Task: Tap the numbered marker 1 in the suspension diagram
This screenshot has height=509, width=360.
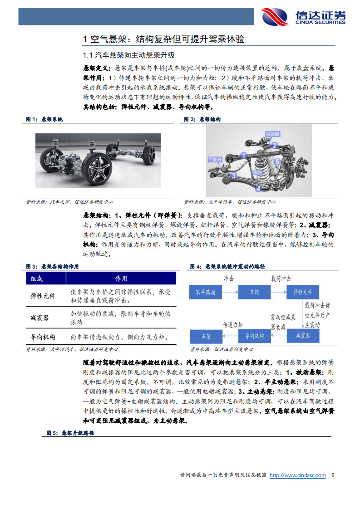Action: click(244, 156)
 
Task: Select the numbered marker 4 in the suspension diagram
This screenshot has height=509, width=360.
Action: click(258, 188)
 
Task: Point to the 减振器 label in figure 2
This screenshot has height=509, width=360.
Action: click(272, 134)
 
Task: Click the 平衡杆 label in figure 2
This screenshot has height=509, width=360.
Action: click(214, 159)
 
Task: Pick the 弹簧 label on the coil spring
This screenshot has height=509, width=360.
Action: click(257, 173)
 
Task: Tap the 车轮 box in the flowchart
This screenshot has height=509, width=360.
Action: click(254, 293)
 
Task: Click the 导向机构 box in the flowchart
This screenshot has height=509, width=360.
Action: click(254, 336)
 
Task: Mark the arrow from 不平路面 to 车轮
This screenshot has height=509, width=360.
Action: click(230, 293)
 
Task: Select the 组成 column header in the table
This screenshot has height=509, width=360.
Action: click(37, 279)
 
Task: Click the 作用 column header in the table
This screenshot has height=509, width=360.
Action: click(121, 279)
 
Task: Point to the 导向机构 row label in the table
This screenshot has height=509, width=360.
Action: click(43, 337)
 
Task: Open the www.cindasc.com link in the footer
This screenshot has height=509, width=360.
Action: click(298, 475)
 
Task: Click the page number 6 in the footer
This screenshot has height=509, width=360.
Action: click(333, 475)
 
